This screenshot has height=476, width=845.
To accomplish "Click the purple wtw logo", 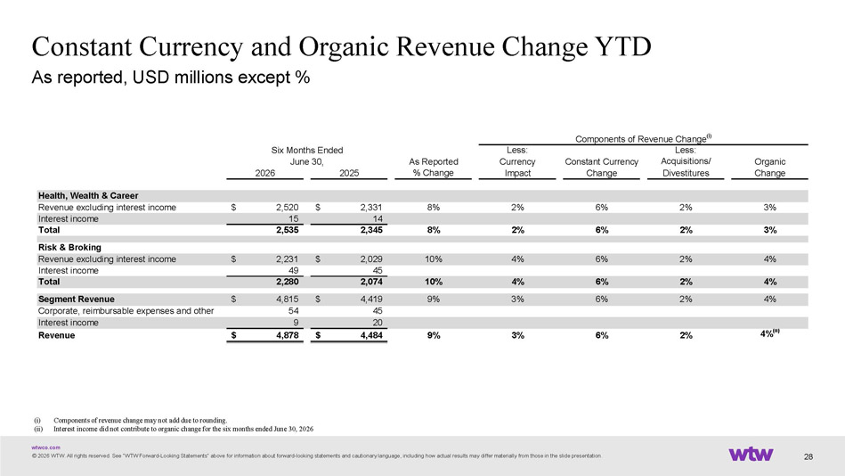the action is click(751, 454).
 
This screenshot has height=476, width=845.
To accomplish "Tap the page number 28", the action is click(808, 456).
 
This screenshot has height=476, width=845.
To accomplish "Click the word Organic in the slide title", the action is click(344, 47).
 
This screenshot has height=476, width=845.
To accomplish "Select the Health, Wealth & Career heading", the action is click(88, 195).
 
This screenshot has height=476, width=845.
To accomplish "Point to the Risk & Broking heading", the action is click(69, 247).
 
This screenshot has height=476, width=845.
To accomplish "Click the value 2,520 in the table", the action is click(288, 207).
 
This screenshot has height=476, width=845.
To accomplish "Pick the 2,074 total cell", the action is click(371, 282).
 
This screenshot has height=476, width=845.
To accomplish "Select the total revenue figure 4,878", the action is click(288, 335).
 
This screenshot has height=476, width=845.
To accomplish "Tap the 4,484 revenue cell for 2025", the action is click(371, 335).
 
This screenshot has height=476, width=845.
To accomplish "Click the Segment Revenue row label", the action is click(76, 299).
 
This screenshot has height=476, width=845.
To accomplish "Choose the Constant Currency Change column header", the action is click(601, 168).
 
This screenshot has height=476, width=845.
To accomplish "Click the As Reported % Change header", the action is click(434, 168).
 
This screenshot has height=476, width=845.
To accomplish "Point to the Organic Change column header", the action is click(769, 168).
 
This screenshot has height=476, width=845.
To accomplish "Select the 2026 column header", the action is click(264, 173).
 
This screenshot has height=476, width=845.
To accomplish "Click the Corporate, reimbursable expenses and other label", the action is click(126, 311).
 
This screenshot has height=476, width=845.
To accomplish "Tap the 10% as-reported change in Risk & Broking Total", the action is click(434, 282).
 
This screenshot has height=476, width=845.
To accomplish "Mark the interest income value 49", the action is click(293, 270).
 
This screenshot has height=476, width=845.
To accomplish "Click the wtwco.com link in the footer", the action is click(45, 447).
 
